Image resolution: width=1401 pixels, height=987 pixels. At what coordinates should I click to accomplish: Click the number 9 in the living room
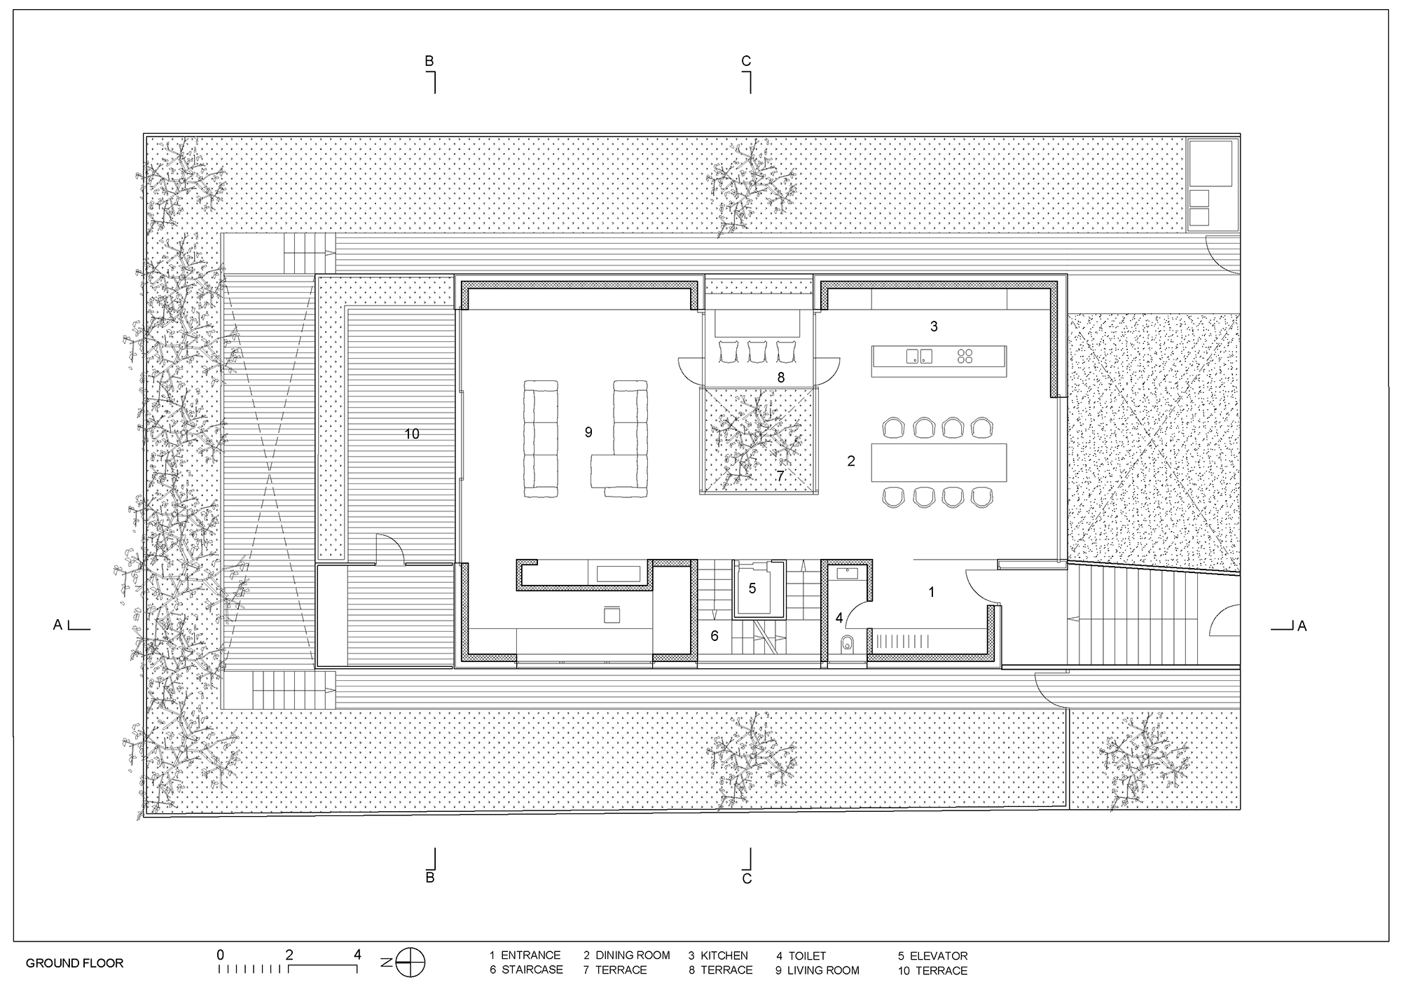tap(588, 433)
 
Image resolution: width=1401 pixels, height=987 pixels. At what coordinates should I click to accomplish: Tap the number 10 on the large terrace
tap(412, 434)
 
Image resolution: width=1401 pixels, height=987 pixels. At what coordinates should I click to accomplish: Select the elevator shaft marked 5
tap(752, 589)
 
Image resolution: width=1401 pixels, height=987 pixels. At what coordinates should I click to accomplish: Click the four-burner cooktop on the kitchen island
tap(965, 356)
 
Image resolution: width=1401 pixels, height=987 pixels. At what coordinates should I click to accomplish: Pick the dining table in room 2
tap(939, 462)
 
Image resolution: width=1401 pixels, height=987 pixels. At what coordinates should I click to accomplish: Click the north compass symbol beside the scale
tap(410, 962)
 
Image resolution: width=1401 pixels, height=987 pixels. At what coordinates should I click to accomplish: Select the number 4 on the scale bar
tap(357, 954)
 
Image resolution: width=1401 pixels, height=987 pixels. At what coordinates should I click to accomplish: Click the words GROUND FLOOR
tap(74, 963)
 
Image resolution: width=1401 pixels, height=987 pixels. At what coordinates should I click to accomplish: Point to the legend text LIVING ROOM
tap(823, 970)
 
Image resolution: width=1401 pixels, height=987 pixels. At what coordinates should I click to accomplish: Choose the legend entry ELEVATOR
tap(939, 955)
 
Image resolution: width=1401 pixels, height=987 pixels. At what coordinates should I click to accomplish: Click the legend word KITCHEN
tap(724, 955)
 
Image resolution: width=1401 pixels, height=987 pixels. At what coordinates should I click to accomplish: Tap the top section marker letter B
tap(429, 62)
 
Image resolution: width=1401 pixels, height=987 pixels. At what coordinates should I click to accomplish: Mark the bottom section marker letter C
tap(747, 878)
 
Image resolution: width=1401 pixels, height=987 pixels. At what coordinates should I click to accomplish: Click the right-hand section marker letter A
tap(1302, 626)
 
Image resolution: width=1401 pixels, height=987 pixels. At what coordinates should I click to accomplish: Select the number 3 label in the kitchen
tap(934, 326)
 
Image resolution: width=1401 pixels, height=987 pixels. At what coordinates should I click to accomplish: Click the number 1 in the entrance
tap(932, 593)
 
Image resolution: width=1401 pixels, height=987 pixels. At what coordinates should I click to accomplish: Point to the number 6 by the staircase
tap(715, 636)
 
